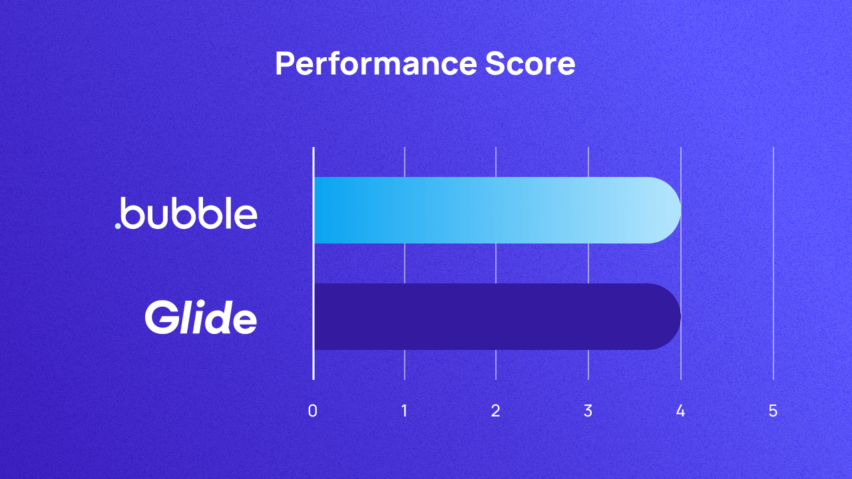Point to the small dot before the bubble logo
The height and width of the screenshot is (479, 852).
click(x=118, y=226)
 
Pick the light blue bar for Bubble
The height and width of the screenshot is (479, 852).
click(x=493, y=210)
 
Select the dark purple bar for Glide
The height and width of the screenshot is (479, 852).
click(x=493, y=317)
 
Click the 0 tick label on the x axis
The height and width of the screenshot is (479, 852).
click(x=313, y=411)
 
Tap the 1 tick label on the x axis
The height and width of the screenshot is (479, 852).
click(x=405, y=411)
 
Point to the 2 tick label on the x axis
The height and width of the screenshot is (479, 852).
click(x=496, y=411)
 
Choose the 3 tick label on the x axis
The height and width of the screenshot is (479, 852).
click(x=588, y=411)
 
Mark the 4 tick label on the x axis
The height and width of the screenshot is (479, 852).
click(x=680, y=411)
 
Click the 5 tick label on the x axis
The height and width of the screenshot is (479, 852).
click(x=773, y=411)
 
